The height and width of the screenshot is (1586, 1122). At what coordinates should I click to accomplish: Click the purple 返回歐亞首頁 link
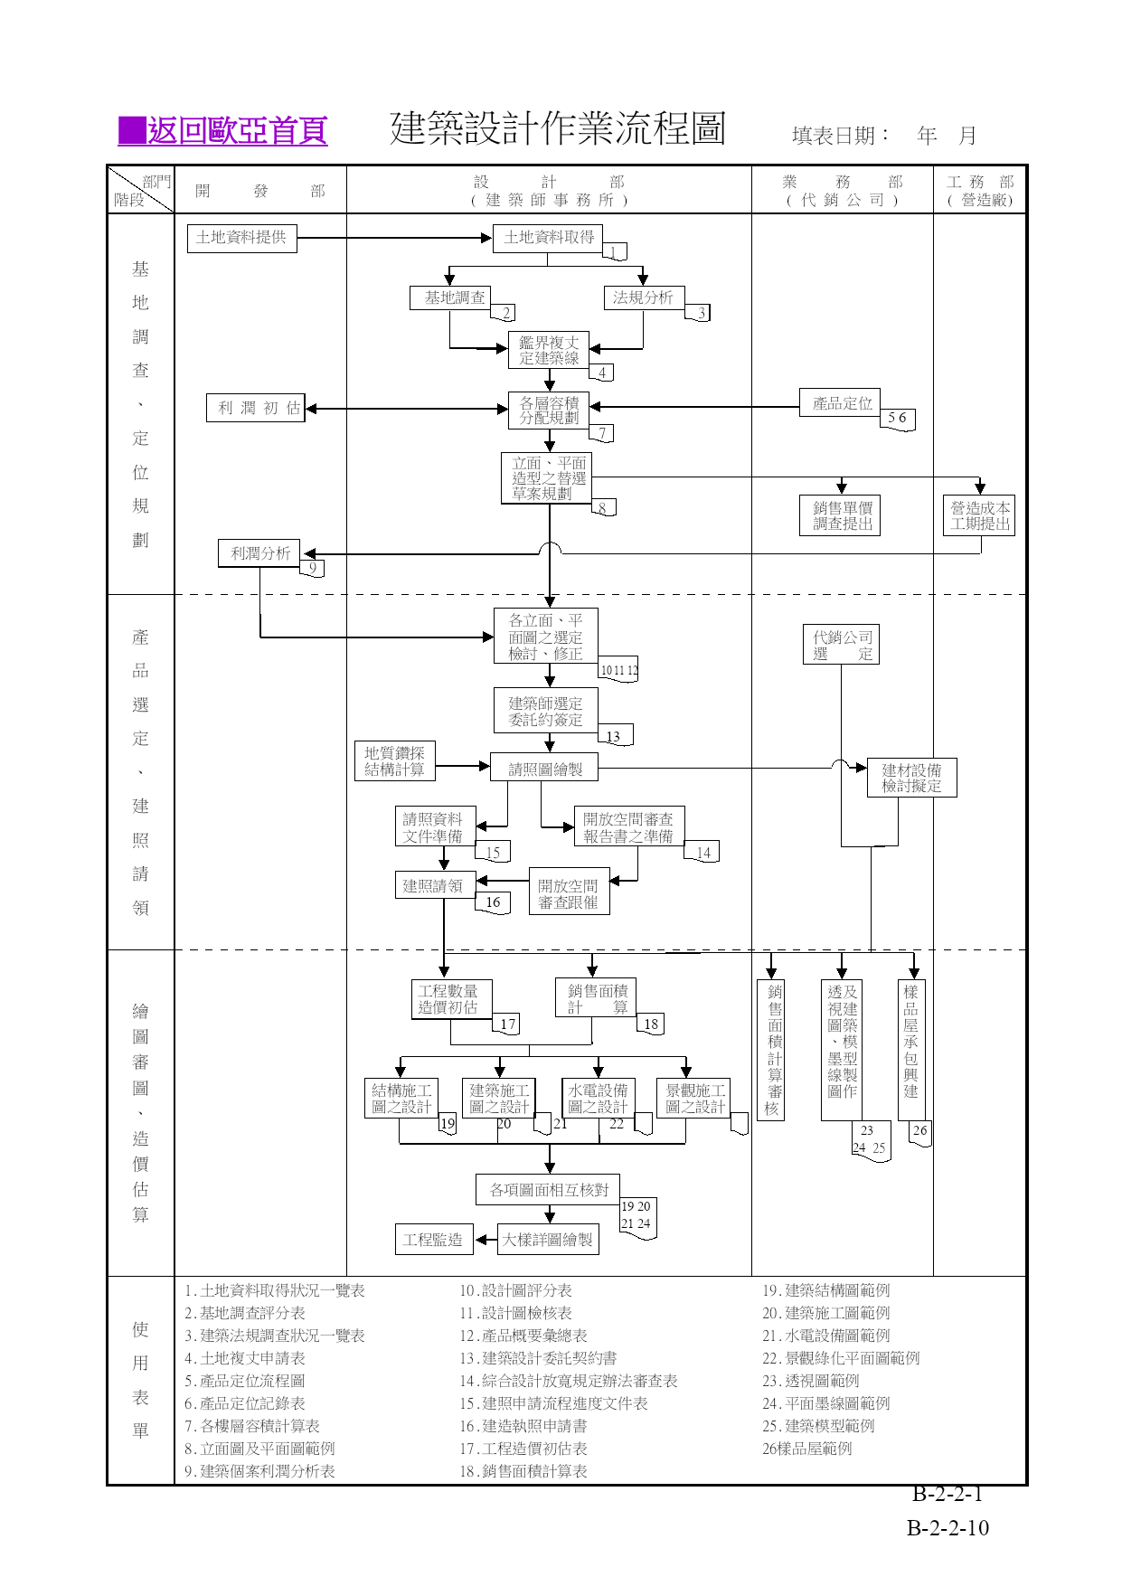(x=222, y=131)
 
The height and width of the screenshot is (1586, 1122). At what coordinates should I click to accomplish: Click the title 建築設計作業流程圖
(x=558, y=128)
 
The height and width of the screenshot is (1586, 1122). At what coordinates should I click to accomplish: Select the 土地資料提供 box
(x=241, y=238)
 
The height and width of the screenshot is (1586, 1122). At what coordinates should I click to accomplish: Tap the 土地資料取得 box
(x=548, y=238)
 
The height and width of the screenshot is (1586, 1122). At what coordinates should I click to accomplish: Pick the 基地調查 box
(x=455, y=297)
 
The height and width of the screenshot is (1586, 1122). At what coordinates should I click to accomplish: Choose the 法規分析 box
(x=643, y=297)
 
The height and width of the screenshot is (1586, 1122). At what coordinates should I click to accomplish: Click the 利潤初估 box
(x=257, y=408)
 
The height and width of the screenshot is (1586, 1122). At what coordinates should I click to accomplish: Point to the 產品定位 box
(x=842, y=403)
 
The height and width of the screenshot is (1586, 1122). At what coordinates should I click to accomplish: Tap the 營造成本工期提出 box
(x=979, y=515)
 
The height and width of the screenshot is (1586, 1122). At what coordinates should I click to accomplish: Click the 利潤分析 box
(x=259, y=553)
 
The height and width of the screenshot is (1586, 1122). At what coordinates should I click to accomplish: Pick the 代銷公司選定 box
(x=841, y=646)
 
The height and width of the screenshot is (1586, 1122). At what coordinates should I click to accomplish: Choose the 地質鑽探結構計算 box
(x=394, y=761)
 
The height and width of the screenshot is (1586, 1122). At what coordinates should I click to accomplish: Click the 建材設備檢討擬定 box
(x=911, y=778)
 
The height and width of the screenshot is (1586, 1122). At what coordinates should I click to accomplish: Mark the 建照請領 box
(x=435, y=886)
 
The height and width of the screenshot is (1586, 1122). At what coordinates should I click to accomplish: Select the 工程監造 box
(x=434, y=1240)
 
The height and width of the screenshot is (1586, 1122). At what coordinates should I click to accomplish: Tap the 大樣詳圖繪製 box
(x=548, y=1240)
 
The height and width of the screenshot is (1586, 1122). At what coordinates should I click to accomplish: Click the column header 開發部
(x=259, y=191)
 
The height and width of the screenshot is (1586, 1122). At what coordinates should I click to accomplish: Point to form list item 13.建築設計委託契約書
(x=538, y=1358)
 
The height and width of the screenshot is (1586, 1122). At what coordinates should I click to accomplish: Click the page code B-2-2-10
(x=948, y=1528)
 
